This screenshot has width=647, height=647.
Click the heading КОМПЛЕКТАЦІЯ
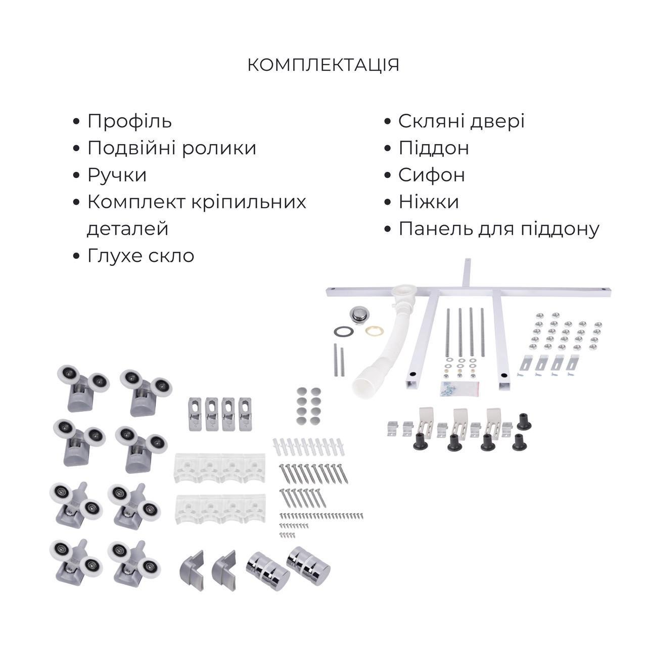[323, 65]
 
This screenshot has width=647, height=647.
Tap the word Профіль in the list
[129, 121]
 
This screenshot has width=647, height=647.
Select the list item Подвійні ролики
[172, 148]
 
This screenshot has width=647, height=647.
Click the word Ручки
[117, 175]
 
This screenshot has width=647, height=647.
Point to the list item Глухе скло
[141, 256]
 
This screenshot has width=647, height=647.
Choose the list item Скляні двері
[461, 121]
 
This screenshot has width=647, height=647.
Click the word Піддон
[434, 148]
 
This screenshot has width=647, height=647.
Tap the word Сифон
[432, 175]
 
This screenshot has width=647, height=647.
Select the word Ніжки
[429, 202]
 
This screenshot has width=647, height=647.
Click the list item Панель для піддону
[498, 228]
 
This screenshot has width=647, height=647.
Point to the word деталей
[127, 228]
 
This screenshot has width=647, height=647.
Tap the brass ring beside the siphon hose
[375, 331]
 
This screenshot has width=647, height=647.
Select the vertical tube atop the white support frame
[466, 273]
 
